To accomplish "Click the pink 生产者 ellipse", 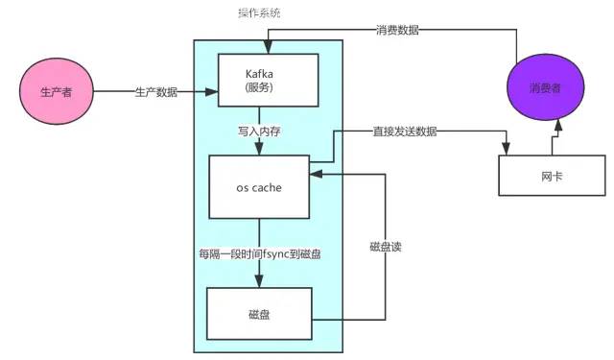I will coord(54,92).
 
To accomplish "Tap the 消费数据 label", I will coord(396,30).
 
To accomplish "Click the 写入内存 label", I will coord(258,129).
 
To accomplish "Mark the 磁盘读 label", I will coord(385,246).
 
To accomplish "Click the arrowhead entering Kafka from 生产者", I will coord(213,93).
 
